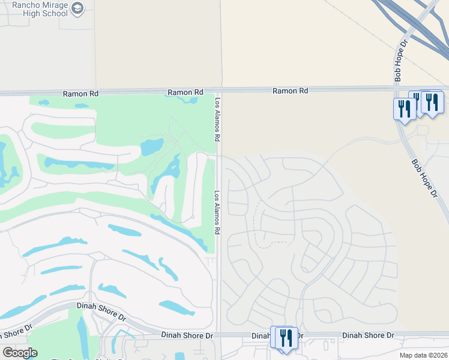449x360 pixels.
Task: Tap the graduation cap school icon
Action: [77, 8]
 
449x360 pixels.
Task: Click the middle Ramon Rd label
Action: [185, 92]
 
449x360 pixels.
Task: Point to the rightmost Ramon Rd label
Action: [290, 91]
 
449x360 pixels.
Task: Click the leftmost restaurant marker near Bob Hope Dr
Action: [405, 109]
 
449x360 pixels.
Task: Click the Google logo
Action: [20, 353]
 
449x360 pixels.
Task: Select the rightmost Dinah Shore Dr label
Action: [368, 335]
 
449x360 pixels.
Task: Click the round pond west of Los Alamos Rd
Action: [151, 146]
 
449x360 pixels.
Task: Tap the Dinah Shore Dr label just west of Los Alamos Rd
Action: [187, 334]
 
